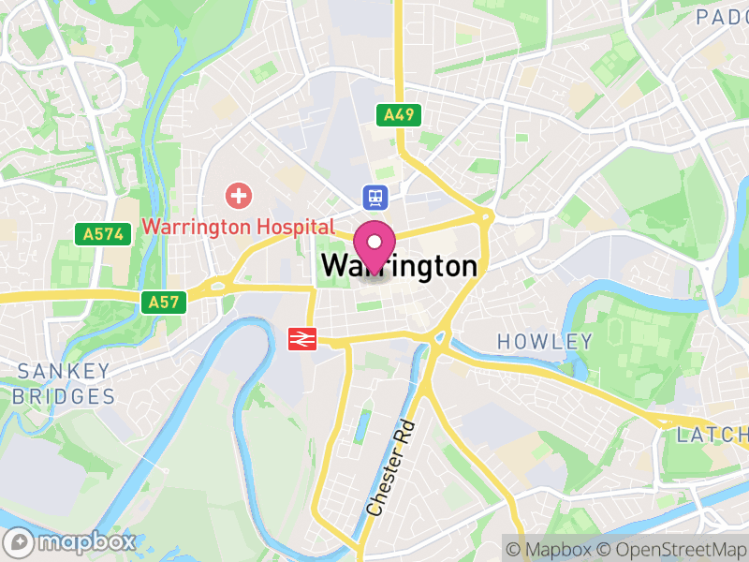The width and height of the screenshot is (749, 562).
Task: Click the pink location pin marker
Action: pyautogui.click(x=375, y=245)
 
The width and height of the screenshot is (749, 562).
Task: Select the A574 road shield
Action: pyautogui.click(x=102, y=233)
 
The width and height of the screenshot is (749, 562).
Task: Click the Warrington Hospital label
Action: pyautogui.click(x=238, y=227)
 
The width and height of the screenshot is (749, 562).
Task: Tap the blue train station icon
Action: pyautogui.click(x=375, y=197)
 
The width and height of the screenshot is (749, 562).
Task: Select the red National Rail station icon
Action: pyautogui.click(x=302, y=338)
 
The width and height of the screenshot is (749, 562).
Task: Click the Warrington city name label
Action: pyautogui.click(x=399, y=267)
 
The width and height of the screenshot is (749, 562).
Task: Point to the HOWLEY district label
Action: pyautogui.click(x=545, y=341)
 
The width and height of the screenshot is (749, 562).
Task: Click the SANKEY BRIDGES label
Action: pyautogui.click(x=64, y=383)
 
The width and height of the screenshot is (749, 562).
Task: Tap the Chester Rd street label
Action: pyautogui.click(x=390, y=468)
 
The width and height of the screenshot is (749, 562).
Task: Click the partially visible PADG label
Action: pyautogui.click(x=721, y=16)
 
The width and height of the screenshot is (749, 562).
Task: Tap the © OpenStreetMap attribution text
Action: pyautogui.click(x=670, y=549)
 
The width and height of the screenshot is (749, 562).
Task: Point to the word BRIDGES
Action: pyautogui.click(x=64, y=395)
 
